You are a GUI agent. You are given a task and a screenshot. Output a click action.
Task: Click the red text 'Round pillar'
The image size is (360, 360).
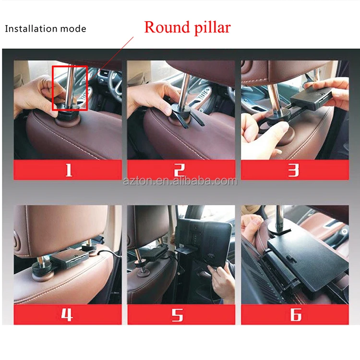tap(187, 27)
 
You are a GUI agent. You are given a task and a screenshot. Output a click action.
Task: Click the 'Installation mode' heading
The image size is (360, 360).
tap(46, 29)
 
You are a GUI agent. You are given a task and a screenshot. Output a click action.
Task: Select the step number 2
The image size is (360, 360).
tap(181, 170)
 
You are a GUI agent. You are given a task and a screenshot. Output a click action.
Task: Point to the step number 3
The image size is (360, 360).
tap(294, 170)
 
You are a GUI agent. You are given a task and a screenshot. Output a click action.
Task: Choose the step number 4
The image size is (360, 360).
tap(68, 314)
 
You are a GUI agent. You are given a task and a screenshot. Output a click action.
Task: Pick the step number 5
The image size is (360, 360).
tap(181, 314)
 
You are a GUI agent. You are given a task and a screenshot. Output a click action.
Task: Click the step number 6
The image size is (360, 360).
tap(294, 314)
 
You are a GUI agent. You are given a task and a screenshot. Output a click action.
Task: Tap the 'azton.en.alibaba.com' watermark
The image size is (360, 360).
tap(180, 181)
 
